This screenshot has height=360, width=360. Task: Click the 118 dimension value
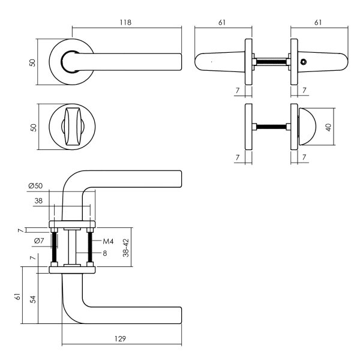coord(125,22)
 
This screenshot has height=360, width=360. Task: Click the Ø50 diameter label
coord(35,187)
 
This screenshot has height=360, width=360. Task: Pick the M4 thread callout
coord(108,241)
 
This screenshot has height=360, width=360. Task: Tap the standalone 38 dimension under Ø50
coord(38,202)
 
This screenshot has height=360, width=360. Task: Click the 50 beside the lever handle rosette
coord(34,62)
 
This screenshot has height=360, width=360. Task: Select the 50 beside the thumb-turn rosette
coord(34,127)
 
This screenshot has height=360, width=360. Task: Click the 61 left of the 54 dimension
coord(19,297)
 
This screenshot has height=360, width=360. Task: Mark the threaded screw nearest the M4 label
coord(90,246)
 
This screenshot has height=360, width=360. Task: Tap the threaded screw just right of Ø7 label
coord(55,247)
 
